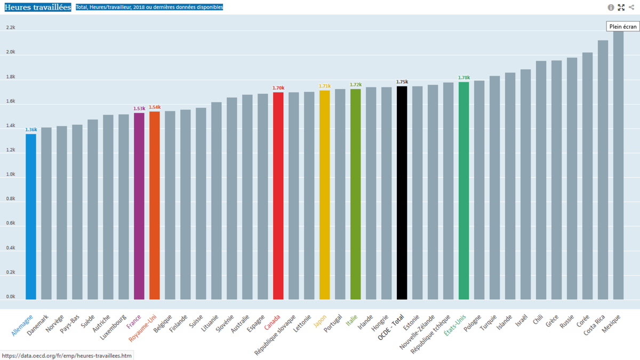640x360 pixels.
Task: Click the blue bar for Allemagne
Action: pyautogui.click(x=31, y=216)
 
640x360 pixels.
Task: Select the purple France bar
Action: pyautogui.click(x=139, y=206)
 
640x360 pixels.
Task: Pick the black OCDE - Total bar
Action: pyautogui.click(x=402, y=193)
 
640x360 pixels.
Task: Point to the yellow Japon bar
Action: pyautogui.click(x=324, y=195)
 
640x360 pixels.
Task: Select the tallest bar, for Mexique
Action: pyautogui.click(x=618, y=165)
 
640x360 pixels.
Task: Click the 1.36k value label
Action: pyautogui.click(x=31, y=130)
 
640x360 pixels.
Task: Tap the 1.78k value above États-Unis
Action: pyautogui.click(x=463, y=77)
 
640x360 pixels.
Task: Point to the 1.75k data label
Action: pyautogui.click(x=402, y=82)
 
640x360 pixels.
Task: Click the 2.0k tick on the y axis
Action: pyautogui.click(x=11, y=52)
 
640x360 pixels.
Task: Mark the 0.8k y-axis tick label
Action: pyautogui.click(x=11, y=199)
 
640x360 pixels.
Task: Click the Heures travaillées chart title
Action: pyautogui.click(x=38, y=7)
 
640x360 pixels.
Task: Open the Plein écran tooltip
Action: pyautogui.click(x=623, y=26)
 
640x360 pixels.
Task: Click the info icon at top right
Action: pyautogui.click(x=611, y=7)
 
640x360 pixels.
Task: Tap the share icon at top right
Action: pyautogui.click(x=631, y=7)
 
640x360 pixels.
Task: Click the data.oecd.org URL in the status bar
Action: pyautogui.click(x=67, y=355)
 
